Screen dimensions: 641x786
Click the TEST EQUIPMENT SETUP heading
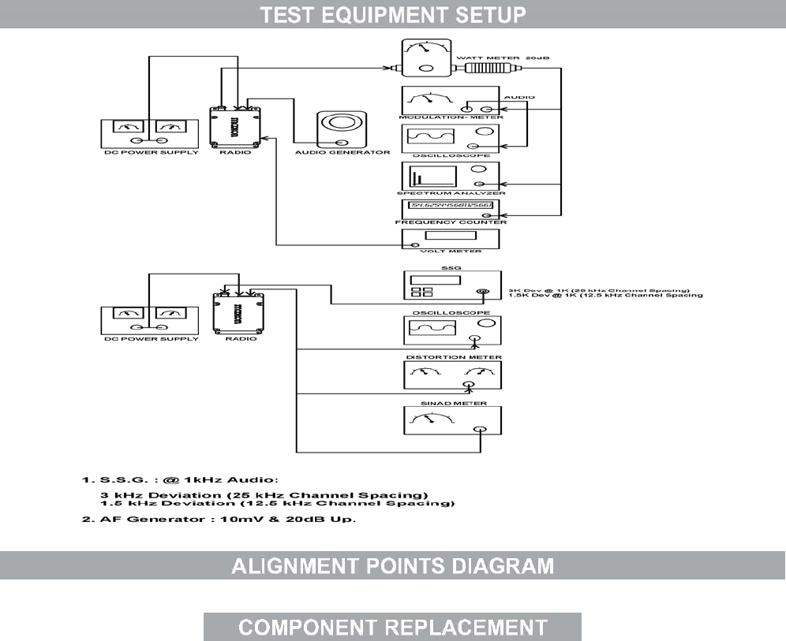393,14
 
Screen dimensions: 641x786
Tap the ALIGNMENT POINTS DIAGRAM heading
392,566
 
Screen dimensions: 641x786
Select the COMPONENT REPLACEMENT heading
392,627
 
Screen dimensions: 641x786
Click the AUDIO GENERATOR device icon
342,128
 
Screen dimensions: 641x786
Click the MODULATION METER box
451,99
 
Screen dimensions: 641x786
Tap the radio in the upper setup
236,125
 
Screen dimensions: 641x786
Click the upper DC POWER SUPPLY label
141,151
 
